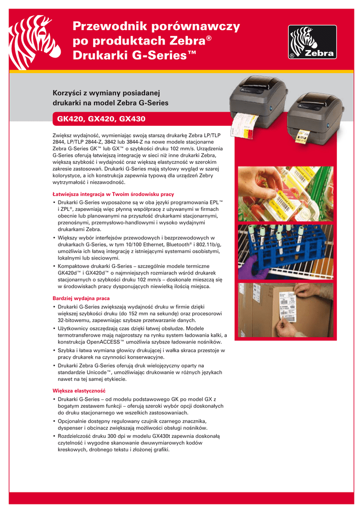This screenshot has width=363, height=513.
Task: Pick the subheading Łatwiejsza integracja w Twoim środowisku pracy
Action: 113,193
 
